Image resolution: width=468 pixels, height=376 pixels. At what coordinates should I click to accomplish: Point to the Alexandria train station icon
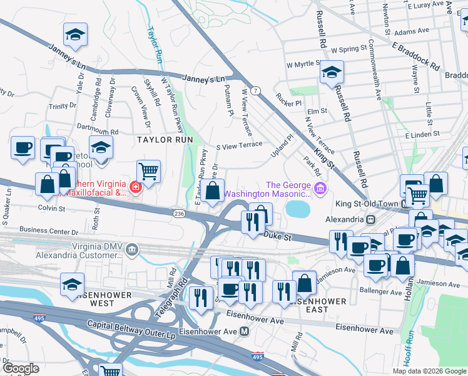[371, 220]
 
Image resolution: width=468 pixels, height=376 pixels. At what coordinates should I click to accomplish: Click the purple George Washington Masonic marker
[320, 188]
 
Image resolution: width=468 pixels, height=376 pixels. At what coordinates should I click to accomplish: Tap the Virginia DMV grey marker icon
[132, 251]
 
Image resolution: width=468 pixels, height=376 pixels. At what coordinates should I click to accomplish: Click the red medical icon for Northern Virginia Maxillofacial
[135, 187]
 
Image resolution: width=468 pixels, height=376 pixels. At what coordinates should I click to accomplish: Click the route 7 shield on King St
[256, 91]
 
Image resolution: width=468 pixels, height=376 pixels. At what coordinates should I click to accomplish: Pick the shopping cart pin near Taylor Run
[148, 170]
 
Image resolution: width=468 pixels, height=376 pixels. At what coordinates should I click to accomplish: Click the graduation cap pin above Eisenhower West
[73, 283]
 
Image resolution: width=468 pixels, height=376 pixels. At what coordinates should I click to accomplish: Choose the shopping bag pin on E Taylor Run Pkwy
[213, 190]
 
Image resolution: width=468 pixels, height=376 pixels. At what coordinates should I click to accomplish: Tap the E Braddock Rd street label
[416, 55]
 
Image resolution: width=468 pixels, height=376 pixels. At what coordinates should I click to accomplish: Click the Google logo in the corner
[21, 368]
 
